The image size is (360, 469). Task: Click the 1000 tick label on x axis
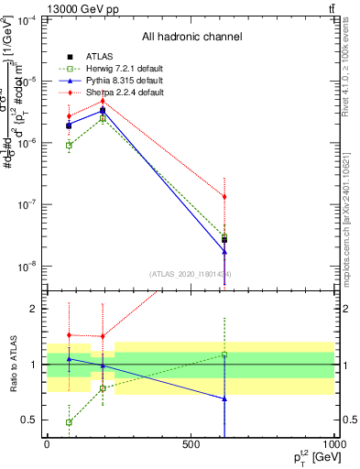pyautogui.click(x=333, y=444)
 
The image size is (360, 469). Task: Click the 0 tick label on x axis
pyautogui.click(x=47, y=444)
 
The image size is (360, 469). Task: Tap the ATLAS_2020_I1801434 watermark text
pyautogui.click(x=191, y=274)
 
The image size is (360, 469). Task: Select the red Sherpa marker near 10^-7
pyautogui.click(x=224, y=197)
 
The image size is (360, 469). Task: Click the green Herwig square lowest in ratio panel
pyautogui.click(x=70, y=422)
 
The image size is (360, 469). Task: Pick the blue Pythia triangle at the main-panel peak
pyautogui.click(x=103, y=111)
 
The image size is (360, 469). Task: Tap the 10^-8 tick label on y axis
pyautogui.click(x=27, y=267)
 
